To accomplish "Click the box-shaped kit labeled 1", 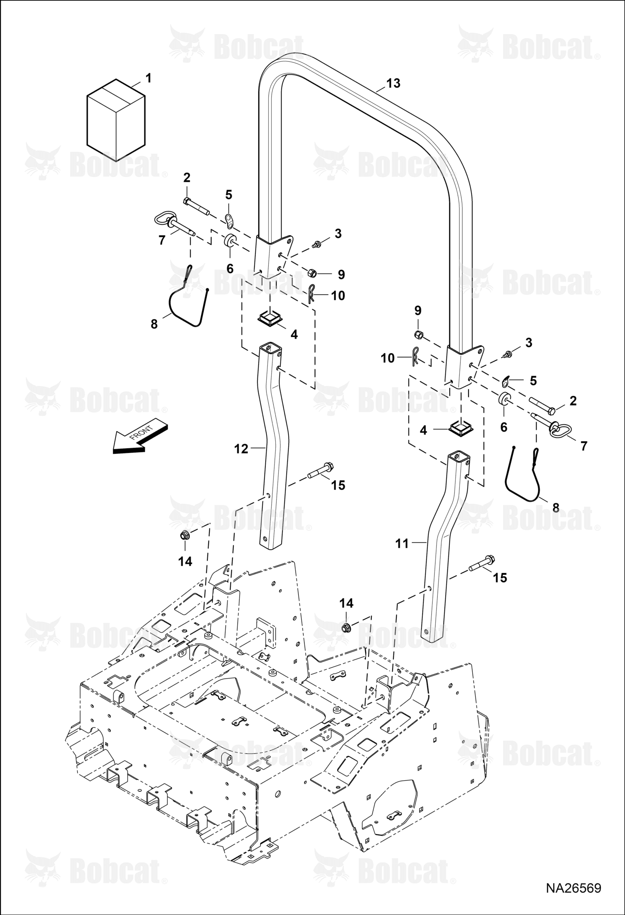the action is [x=116, y=119].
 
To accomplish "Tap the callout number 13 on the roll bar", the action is [x=393, y=83].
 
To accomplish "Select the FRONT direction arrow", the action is [x=140, y=435].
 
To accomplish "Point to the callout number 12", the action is [x=241, y=449].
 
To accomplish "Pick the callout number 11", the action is [x=402, y=543].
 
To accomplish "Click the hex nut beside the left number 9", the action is [x=311, y=274].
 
